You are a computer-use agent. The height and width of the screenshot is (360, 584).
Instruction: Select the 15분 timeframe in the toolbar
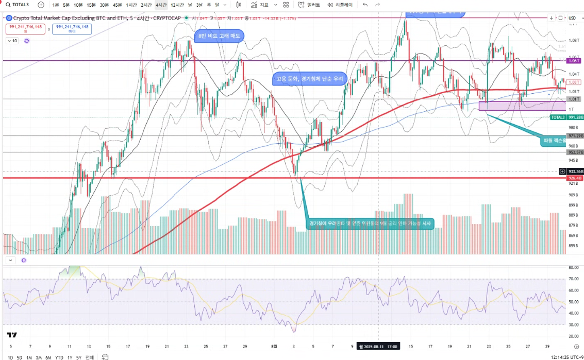pyautogui.click(x=91, y=5)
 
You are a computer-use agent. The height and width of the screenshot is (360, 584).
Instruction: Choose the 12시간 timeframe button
pyautogui.click(x=177, y=5)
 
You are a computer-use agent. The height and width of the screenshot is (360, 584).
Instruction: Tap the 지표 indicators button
pyautogui.click(x=260, y=5)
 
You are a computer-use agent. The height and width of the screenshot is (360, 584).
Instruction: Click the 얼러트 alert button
pyautogui.click(x=309, y=5)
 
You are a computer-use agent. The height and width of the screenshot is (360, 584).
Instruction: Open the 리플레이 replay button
pyautogui.click(x=340, y=5)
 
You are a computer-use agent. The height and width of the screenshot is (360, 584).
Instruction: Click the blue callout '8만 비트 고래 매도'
pyautogui.click(x=219, y=36)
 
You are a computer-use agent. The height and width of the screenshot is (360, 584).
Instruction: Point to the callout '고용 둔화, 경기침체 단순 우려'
pyautogui.click(x=309, y=79)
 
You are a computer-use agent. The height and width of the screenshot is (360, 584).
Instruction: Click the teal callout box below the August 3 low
pyautogui.click(x=370, y=224)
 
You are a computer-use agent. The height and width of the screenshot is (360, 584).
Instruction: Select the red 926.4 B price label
pyautogui.click(x=574, y=178)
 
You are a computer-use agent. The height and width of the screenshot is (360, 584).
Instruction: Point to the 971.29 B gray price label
pyautogui.click(x=574, y=136)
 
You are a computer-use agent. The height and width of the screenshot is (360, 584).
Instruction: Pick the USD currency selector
pyautogui.click(x=572, y=18)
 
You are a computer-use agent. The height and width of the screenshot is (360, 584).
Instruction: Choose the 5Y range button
pyautogui.click(x=78, y=356)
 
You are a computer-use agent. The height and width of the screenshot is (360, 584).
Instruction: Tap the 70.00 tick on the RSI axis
pyautogui.click(x=573, y=279)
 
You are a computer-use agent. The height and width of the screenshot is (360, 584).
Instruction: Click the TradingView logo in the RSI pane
pyautogui.click(x=11, y=334)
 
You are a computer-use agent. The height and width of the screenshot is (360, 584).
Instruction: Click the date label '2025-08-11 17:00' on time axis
pyautogui.click(x=379, y=347)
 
